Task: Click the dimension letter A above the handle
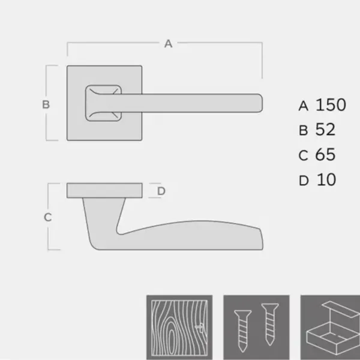169,43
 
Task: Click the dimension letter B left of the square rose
46,104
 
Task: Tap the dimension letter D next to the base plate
161,191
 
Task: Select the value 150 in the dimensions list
331,105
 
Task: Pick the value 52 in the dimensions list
325,130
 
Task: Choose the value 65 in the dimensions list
325,155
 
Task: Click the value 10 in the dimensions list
325,179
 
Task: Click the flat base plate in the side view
105,191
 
